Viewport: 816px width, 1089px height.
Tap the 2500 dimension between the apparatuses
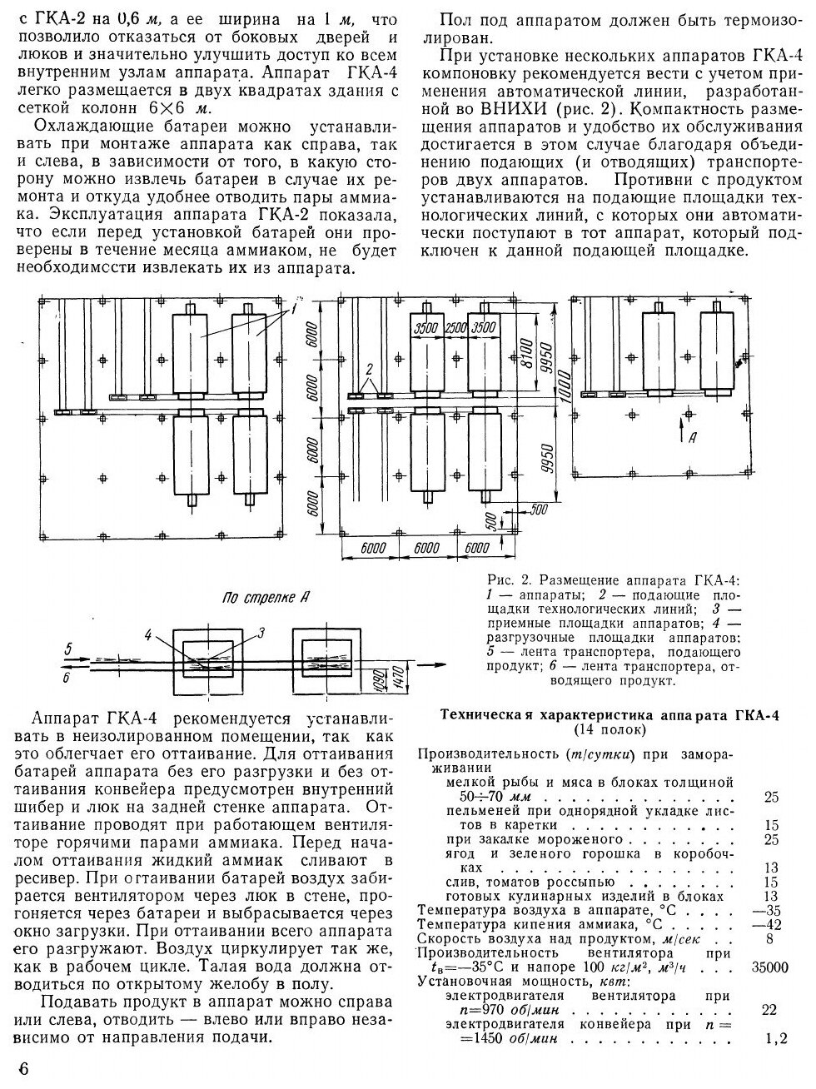[454, 327]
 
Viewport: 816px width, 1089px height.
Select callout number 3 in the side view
[261, 633]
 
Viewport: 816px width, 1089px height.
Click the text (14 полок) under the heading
[609, 730]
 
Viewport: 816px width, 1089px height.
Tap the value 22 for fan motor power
[770, 1010]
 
